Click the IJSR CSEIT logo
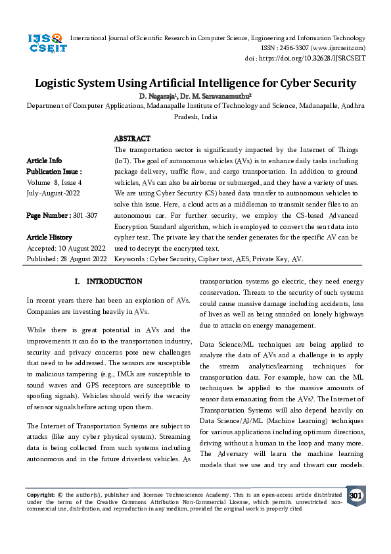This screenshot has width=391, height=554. coord(45,45)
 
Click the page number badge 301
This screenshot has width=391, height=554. coord(356,495)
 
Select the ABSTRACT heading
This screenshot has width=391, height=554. coord(132,139)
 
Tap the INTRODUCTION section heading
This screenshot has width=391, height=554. coord(109,281)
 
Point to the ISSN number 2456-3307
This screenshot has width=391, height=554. coord(308,48)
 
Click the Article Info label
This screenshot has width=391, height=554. coord(44,161)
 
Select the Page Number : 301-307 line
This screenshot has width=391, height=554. coord(62,215)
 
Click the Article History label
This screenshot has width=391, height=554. coord(49,237)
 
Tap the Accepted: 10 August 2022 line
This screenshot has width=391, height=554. coord(66,248)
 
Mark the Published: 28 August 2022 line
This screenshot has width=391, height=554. coord(66,259)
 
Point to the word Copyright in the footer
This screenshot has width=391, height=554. coord(40,494)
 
